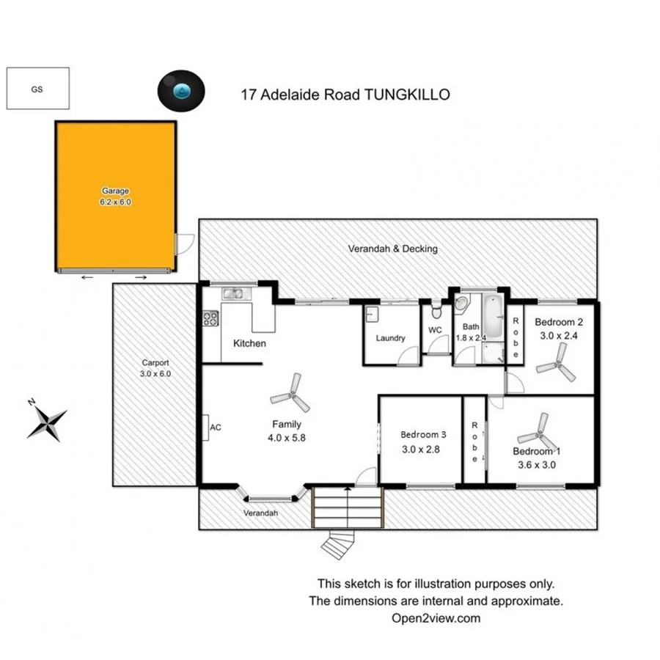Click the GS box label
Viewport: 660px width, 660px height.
[x=37, y=89]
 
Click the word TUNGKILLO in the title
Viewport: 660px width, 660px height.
[x=407, y=95]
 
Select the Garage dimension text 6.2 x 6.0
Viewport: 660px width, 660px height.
[x=115, y=202]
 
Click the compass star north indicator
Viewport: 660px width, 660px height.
[x=47, y=422]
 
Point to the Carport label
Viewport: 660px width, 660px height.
[x=155, y=362]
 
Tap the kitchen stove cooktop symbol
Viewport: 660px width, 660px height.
[x=210, y=318]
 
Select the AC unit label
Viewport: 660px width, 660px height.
[x=216, y=427]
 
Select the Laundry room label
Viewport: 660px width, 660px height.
[x=390, y=338]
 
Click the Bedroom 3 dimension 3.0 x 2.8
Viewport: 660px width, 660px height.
[x=420, y=450]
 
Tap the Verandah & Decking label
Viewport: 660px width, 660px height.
[x=392, y=249]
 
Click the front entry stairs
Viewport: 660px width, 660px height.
[x=348, y=506]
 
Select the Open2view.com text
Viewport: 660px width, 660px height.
[x=436, y=617]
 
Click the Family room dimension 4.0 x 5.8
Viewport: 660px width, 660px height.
[x=286, y=439]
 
